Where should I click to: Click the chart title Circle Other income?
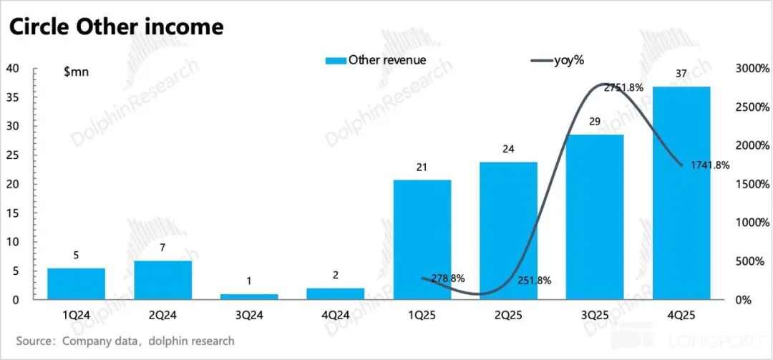[x=115, y=27]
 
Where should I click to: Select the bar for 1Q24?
[x=76, y=283]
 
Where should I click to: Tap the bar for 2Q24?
[x=162, y=280]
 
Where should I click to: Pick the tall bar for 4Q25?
[x=681, y=193]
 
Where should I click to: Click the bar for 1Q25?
[x=422, y=239]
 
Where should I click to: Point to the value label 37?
[x=681, y=74]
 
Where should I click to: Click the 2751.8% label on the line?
[x=623, y=88]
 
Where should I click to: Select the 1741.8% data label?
[x=710, y=165]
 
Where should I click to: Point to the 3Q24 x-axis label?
[x=249, y=316]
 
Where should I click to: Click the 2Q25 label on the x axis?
[x=508, y=316]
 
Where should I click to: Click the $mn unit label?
[x=76, y=72]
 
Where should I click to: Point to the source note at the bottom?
[x=125, y=341]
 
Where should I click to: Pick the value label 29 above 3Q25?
[x=595, y=122]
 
